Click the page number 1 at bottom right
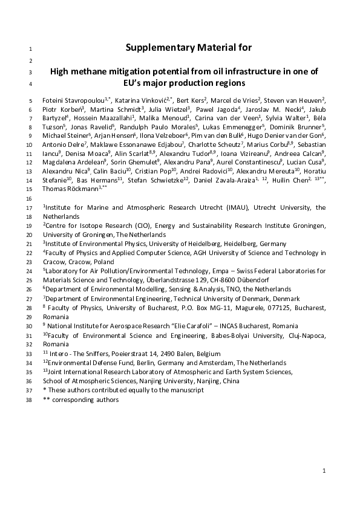[x=324, y=470]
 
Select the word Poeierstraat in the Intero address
[x=128, y=354]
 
